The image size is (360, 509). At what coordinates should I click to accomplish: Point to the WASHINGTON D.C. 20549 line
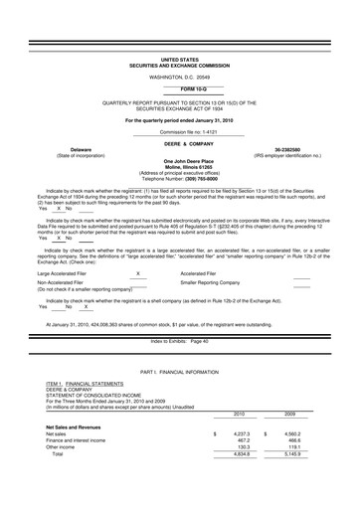[180, 77]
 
